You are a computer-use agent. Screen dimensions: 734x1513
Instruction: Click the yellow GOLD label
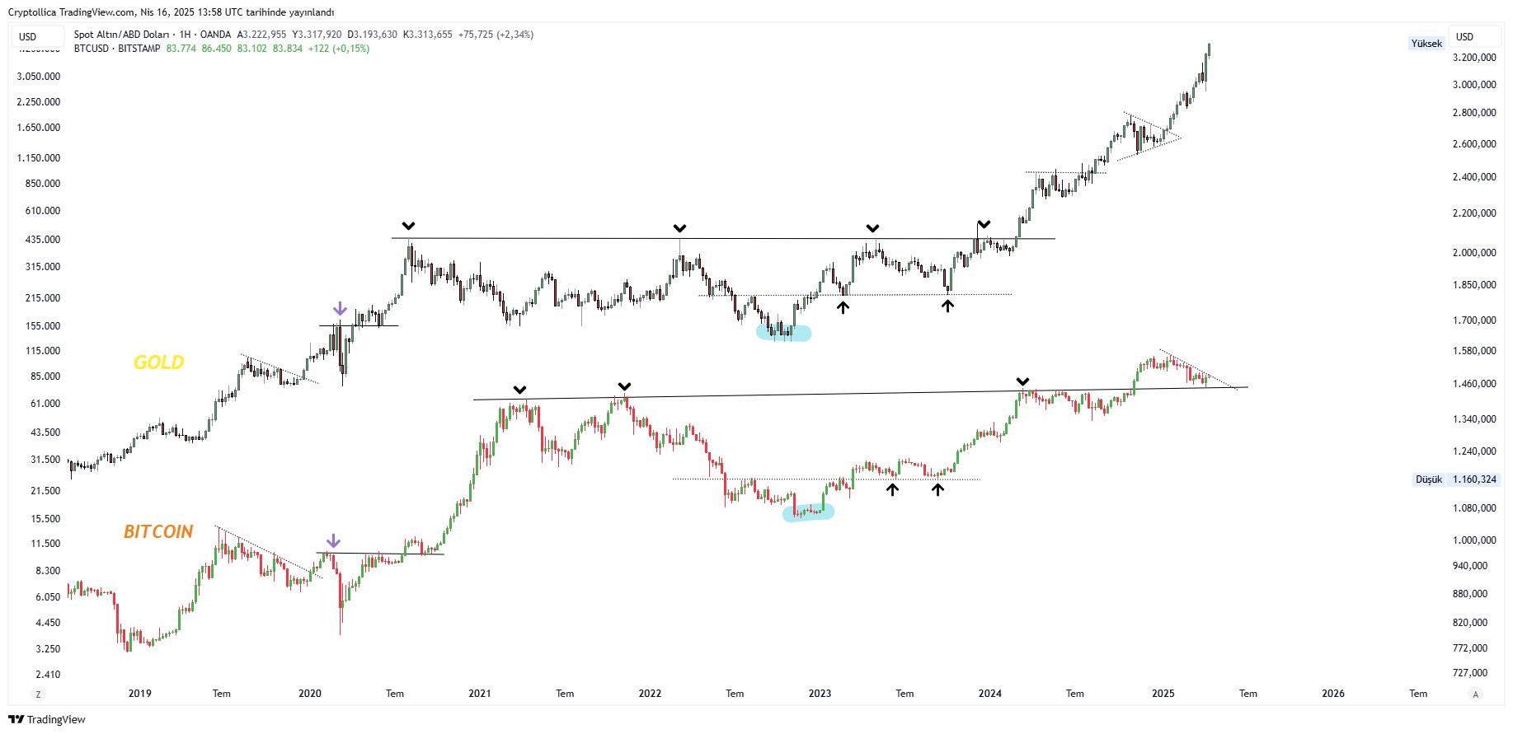(x=158, y=362)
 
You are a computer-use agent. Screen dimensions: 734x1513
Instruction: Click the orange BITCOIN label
(x=158, y=532)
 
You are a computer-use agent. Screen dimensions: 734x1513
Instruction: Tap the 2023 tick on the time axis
(x=820, y=694)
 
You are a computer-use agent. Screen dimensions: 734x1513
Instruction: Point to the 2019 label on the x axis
(x=140, y=694)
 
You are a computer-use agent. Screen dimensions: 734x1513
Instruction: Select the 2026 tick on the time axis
(x=1333, y=694)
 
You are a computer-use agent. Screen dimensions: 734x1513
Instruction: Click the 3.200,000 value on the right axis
(x=1474, y=58)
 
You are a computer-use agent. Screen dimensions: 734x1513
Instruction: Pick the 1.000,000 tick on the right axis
(x=1474, y=540)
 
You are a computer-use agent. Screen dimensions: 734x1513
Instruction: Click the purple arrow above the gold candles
(x=340, y=309)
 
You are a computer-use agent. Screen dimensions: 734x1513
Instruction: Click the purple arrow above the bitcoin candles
(x=333, y=541)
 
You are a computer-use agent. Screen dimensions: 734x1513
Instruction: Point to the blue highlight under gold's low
(x=784, y=334)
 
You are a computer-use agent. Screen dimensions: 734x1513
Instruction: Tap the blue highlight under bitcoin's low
(x=808, y=512)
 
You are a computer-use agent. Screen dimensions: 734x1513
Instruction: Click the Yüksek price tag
(x=1426, y=44)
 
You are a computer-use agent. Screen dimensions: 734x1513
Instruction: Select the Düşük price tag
(x=1429, y=479)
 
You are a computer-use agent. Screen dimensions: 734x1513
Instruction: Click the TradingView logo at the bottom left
(x=47, y=720)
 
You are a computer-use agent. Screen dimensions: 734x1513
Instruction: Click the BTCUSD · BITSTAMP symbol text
(x=117, y=49)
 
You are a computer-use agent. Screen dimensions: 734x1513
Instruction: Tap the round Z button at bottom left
(x=37, y=694)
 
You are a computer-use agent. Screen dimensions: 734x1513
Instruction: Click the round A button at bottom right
(x=1476, y=694)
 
